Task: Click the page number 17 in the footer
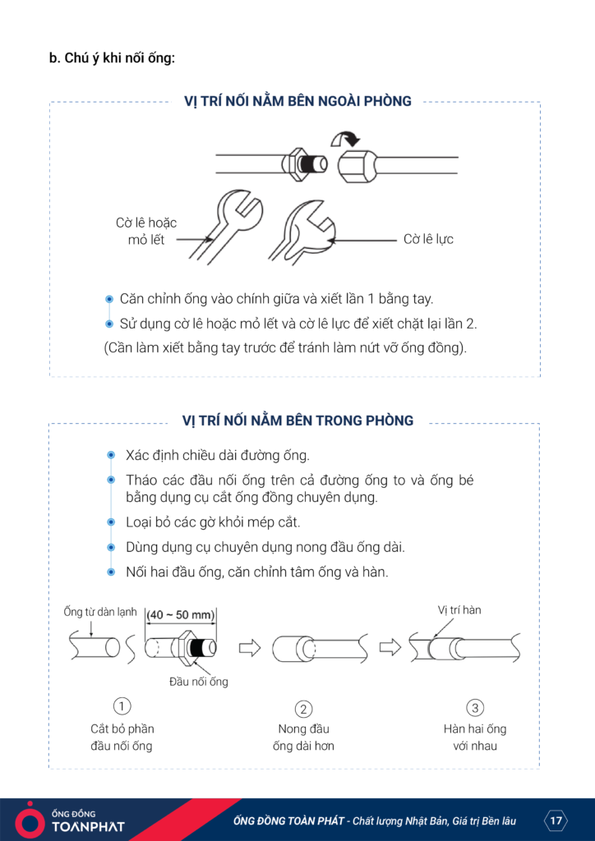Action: pos(556,820)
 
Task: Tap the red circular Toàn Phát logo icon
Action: pos(30,819)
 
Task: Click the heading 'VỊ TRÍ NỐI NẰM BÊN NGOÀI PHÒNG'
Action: pos(297,102)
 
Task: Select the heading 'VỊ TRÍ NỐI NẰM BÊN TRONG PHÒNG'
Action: pos(297,420)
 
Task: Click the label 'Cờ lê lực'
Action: pos(428,239)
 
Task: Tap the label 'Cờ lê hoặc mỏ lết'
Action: pos(146,231)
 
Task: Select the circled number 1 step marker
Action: pos(122,706)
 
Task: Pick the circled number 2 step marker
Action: pos(303,709)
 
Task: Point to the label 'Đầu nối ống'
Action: pos(199,681)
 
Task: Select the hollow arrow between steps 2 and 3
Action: pos(390,648)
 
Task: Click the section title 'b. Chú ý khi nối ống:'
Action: pos(113,58)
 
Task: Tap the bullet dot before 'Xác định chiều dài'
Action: pos(110,455)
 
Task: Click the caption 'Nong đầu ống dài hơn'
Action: pos(303,738)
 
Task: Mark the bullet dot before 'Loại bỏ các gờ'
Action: pos(110,522)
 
